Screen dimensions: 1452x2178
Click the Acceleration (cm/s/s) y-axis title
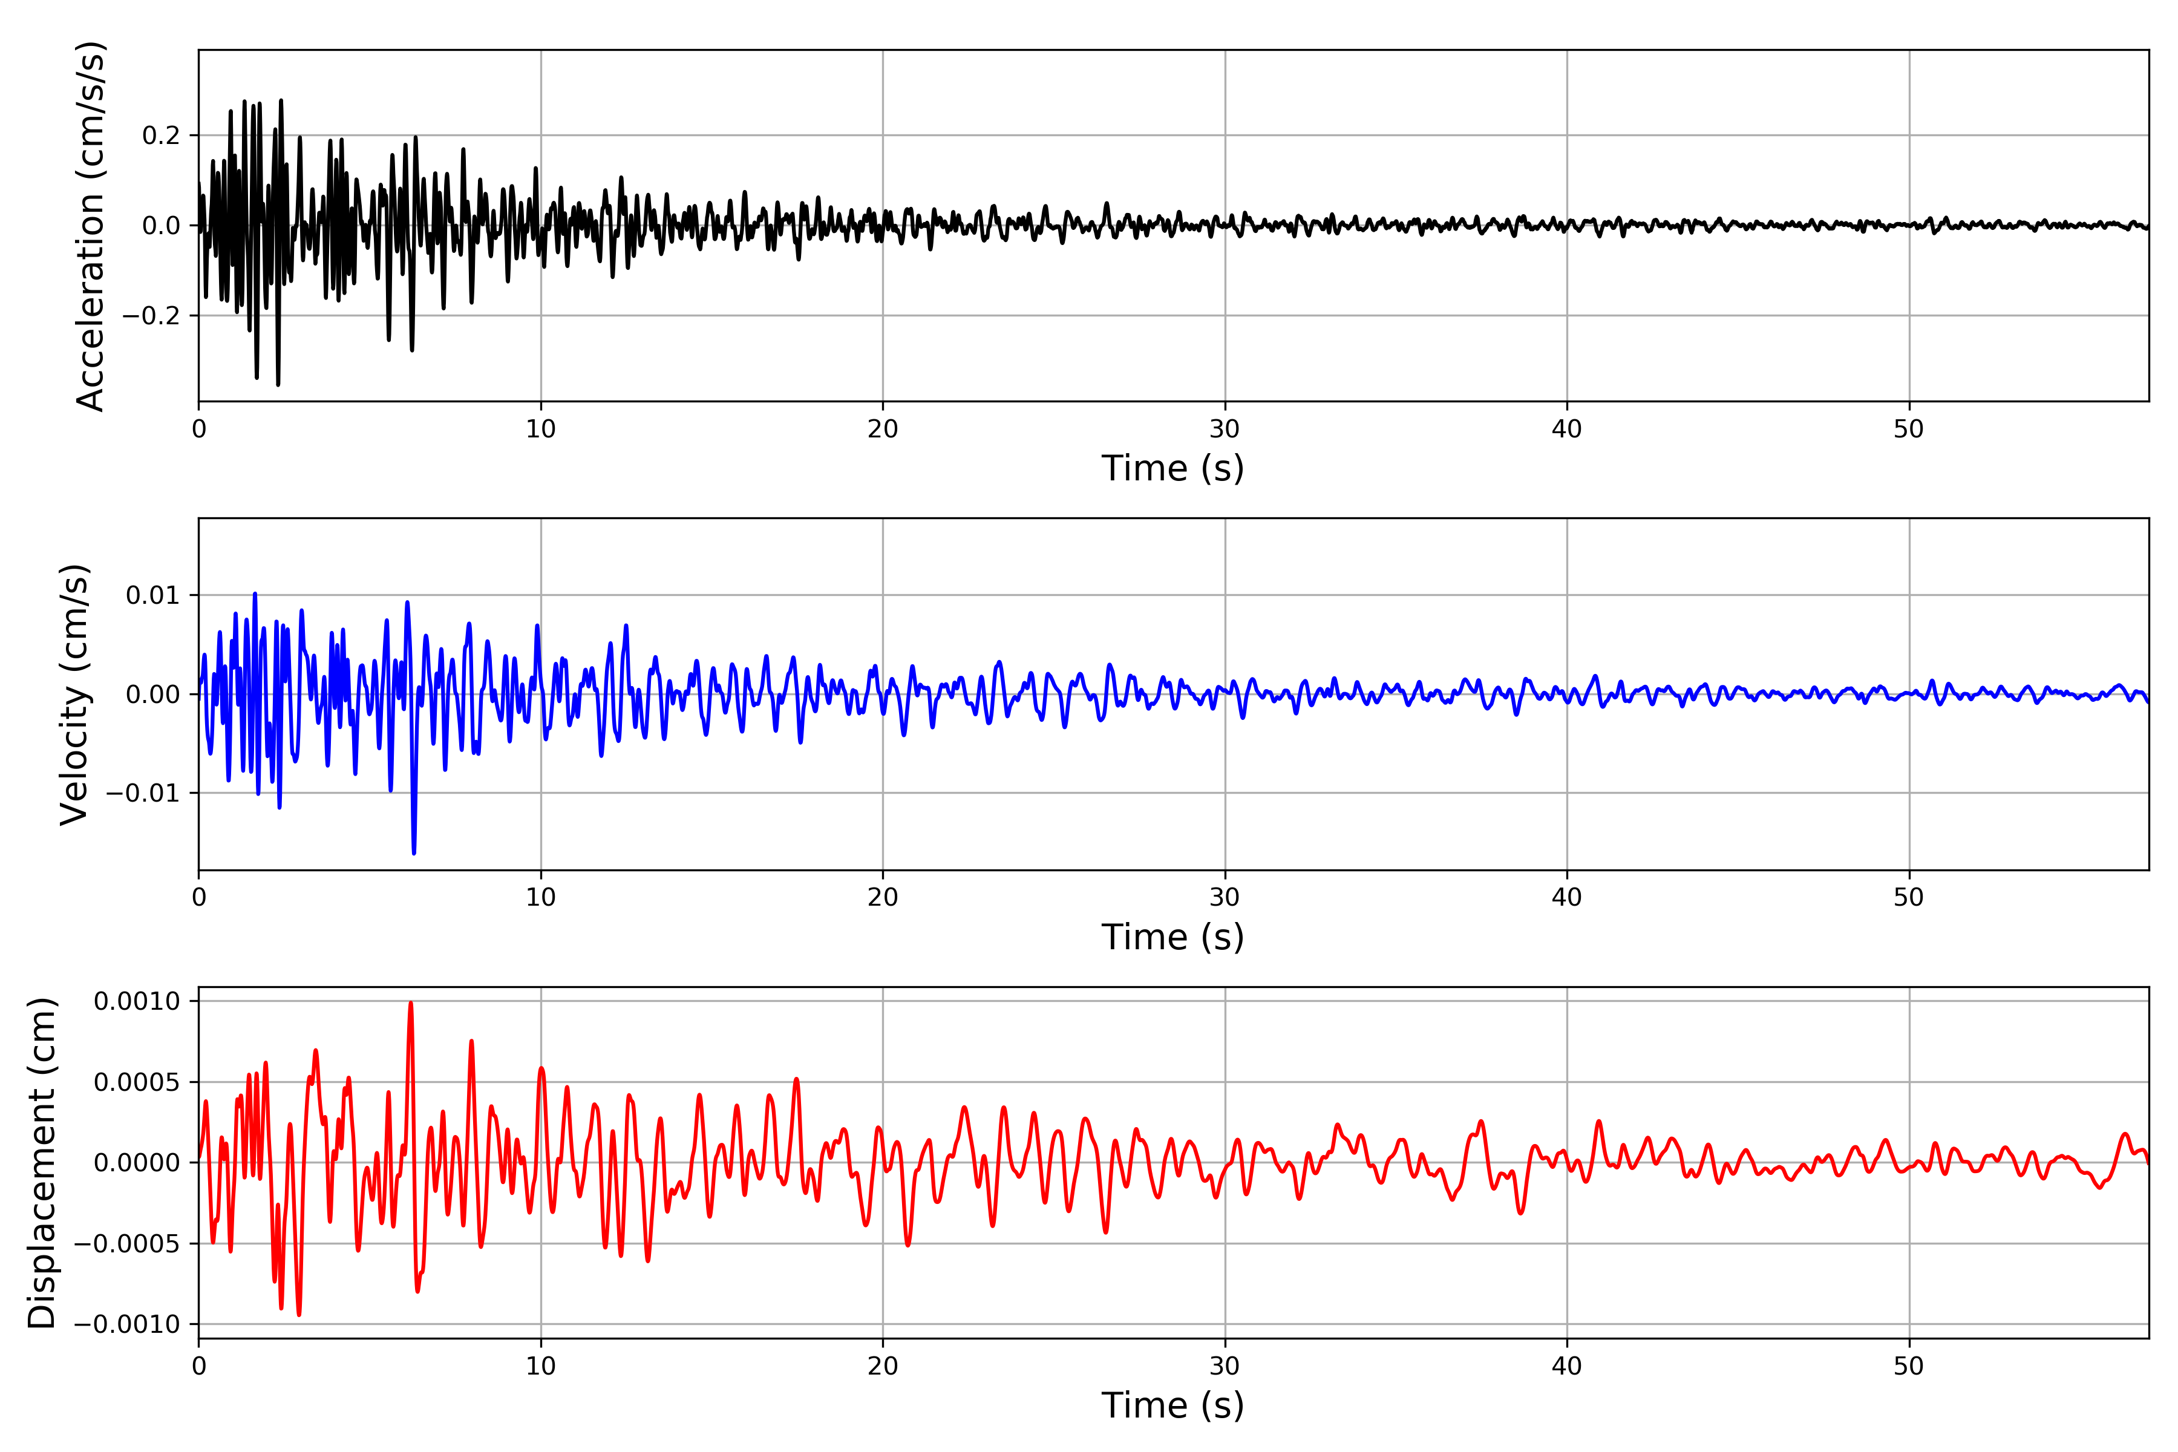pyautogui.click(x=90, y=226)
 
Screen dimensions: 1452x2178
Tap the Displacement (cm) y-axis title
pyautogui.click(x=42, y=1162)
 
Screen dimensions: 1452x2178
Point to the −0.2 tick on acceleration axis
pyautogui.click(x=151, y=316)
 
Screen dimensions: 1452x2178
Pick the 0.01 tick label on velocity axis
pyautogui.click(x=153, y=595)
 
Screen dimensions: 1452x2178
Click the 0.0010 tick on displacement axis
pyautogui.click(x=137, y=1001)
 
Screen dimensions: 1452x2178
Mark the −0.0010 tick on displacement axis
pyautogui.click(x=127, y=1324)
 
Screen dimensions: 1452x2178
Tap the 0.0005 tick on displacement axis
pyautogui.click(x=137, y=1082)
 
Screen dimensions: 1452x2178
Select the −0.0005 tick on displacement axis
pyautogui.click(x=127, y=1244)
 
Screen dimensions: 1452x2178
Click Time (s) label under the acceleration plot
pyautogui.click(x=1172, y=468)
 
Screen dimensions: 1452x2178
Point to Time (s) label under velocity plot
pyautogui.click(x=1172, y=937)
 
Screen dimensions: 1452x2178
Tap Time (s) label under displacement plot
pyautogui.click(x=1172, y=1405)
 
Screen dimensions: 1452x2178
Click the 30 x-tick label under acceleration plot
pyautogui.click(x=1224, y=430)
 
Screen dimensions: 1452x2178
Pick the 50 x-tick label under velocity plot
pyautogui.click(x=1909, y=897)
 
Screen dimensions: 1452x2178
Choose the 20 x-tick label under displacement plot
pyautogui.click(x=883, y=1366)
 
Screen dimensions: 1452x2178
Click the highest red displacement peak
pyautogui.click(x=411, y=1004)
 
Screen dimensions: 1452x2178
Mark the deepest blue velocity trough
pyautogui.click(x=414, y=852)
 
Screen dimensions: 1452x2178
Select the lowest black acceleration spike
pyautogui.click(x=278, y=384)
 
